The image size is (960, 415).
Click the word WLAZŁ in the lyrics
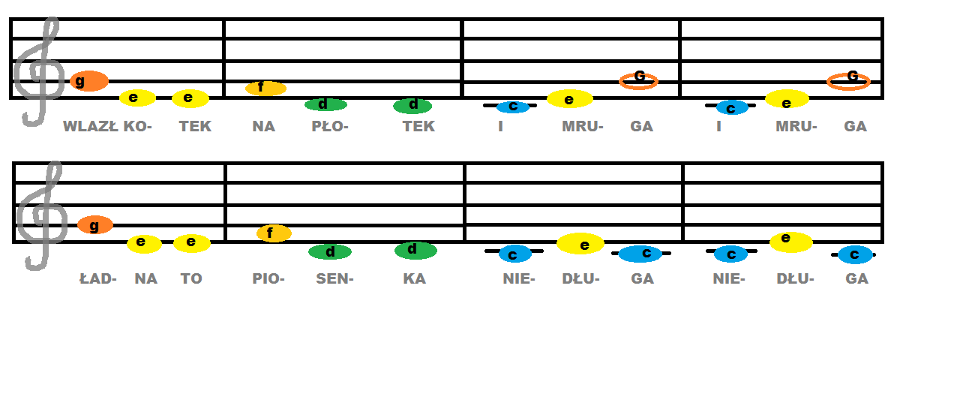click(x=90, y=127)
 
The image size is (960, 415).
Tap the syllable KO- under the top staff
click(x=137, y=127)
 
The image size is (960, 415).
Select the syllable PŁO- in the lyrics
click(x=330, y=127)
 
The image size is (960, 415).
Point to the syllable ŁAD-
click(x=98, y=279)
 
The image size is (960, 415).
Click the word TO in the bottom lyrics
click(x=191, y=279)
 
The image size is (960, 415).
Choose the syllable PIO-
click(x=268, y=279)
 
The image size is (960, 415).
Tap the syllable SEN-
click(x=334, y=279)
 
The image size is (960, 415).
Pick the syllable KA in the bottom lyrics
click(x=414, y=279)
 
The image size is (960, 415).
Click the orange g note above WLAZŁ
click(x=89, y=81)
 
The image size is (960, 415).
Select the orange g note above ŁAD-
click(x=95, y=225)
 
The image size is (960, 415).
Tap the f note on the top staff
click(x=265, y=89)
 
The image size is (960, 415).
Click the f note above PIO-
click(x=274, y=233)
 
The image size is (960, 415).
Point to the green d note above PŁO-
click(x=325, y=104)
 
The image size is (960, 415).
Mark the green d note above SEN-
click(x=330, y=252)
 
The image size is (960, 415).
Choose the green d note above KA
click(x=415, y=250)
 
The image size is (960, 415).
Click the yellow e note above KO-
click(x=137, y=98)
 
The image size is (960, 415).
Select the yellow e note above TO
click(x=192, y=243)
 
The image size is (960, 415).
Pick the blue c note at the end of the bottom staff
click(x=855, y=255)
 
